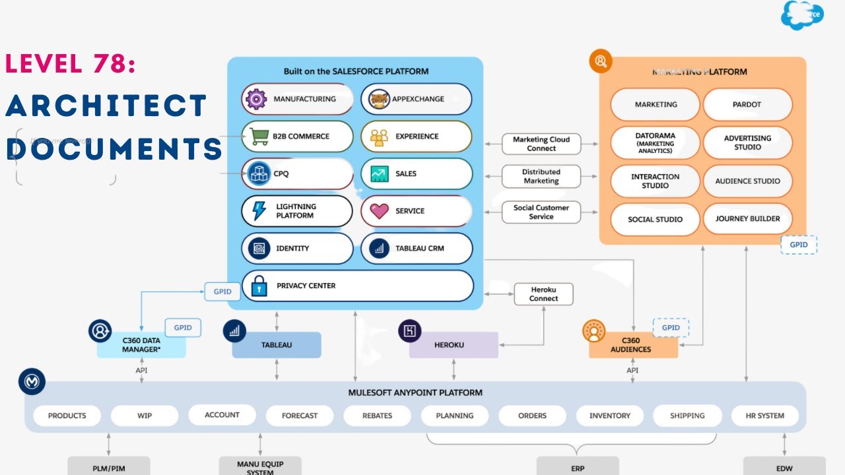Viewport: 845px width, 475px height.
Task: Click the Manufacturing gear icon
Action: (256, 99)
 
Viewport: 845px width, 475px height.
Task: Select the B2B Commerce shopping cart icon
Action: (258, 137)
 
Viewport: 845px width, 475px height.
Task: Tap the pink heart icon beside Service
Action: (379, 211)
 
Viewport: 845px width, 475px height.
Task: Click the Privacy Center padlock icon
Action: (259, 286)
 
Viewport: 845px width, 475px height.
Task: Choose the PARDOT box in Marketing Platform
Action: (747, 104)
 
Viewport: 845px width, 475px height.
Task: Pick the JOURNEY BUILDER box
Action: (747, 219)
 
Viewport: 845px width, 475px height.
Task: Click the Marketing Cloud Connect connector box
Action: (541, 144)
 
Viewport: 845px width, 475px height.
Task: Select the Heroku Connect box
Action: (543, 294)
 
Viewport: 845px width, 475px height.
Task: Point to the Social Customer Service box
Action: (541, 212)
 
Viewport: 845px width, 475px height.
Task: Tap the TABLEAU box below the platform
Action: (276, 345)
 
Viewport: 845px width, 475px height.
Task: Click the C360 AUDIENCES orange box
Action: (632, 345)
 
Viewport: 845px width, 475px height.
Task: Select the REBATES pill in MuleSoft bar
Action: (377, 416)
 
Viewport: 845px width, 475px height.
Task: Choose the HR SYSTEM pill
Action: (766, 416)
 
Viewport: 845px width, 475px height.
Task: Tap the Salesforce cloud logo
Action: (802, 15)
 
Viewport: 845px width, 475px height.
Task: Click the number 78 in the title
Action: (110, 64)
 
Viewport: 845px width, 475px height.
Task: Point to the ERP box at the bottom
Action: (577, 467)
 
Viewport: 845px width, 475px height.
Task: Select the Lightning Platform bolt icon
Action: (259, 211)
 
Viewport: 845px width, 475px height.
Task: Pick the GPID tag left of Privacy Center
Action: (222, 292)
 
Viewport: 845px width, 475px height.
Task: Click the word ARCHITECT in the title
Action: (106, 106)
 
